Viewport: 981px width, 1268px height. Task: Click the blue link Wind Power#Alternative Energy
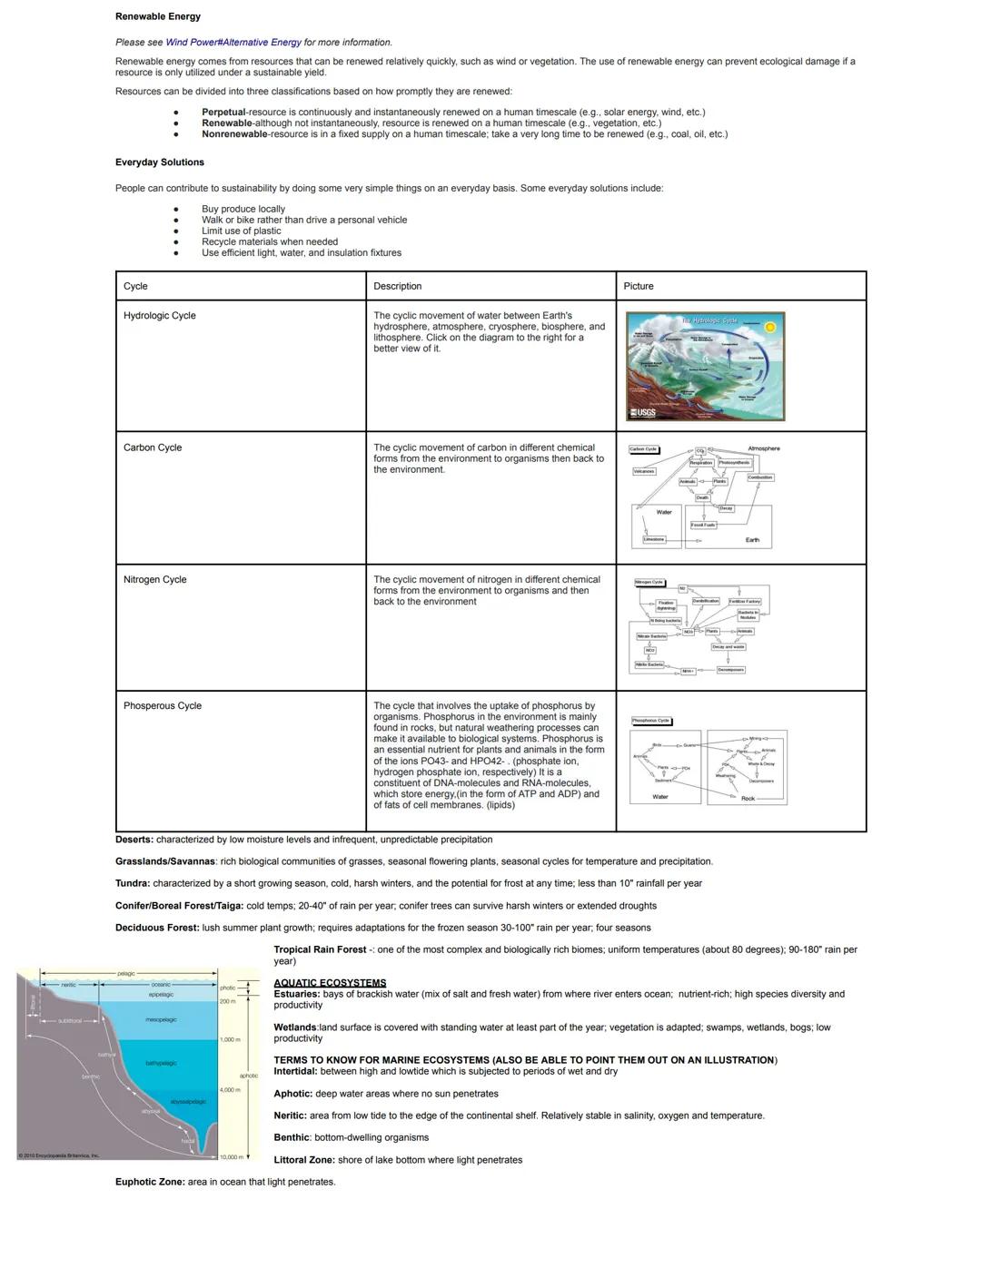pos(233,43)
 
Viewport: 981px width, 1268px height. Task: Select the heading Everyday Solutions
pos(160,162)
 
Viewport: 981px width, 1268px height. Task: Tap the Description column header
pos(398,286)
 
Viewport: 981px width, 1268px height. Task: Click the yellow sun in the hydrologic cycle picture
pos(770,327)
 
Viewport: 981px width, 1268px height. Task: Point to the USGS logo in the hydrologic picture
pos(642,413)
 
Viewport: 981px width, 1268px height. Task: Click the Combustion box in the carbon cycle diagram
pos(760,477)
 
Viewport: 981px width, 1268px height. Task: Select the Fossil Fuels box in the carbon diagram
pos(703,525)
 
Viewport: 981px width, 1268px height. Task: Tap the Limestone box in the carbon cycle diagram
pos(654,539)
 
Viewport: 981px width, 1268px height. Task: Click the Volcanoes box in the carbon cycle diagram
pos(644,471)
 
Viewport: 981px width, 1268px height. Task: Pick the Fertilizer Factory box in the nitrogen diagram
pos(745,602)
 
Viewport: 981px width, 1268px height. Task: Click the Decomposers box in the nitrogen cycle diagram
pos(731,670)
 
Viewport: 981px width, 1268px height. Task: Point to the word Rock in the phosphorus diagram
pos(748,799)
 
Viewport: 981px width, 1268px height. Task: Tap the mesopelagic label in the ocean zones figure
pos(161,1020)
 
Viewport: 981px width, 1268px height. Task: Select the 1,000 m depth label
pos(230,1039)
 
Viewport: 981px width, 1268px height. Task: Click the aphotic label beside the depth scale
pos(249,1076)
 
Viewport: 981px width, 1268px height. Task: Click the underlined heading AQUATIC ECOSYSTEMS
pos(330,983)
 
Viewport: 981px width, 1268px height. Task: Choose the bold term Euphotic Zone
pos(149,1182)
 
